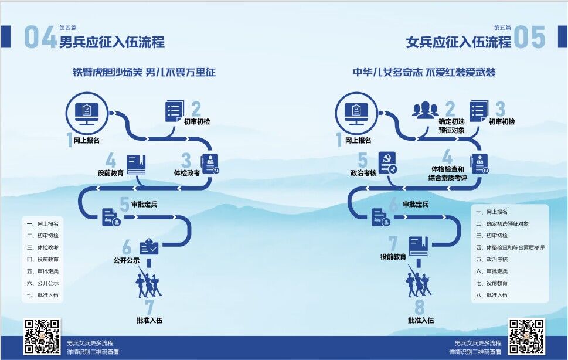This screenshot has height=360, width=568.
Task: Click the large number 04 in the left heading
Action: click(x=40, y=38)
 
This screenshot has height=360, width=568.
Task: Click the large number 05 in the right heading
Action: click(x=529, y=38)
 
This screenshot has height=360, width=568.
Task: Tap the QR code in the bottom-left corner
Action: click(x=42, y=336)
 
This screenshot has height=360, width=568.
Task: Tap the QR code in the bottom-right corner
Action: click(x=526, y=336)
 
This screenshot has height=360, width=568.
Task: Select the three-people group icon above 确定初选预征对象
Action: click(x=425, y=110)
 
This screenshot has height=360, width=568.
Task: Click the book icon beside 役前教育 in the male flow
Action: click(x=136, y=164)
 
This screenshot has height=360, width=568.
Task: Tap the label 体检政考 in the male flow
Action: click(x=187, y=173)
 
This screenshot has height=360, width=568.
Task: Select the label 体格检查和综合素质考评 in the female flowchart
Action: click(x=447, y=174)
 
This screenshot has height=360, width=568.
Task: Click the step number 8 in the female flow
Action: click(x=419, y=308)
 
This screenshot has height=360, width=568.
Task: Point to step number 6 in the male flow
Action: click(x=127, y=246)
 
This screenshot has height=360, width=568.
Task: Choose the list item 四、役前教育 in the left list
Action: click(x=43, y=259)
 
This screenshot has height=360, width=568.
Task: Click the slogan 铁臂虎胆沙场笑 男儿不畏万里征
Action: click(x=144, y=73)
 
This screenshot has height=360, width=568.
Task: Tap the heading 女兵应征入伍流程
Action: click(x=458, y=42)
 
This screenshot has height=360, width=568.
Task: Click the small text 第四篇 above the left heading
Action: click(x=67, y=28)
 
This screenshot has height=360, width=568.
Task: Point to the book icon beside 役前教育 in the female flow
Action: click(x=418, y=245)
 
